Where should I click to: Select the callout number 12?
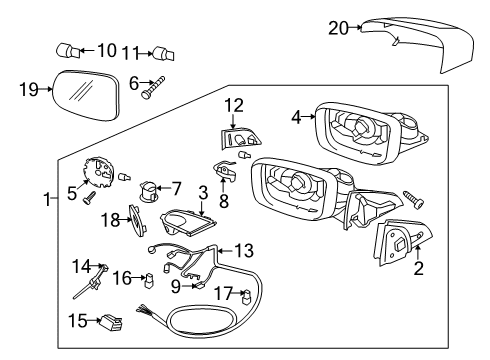234,104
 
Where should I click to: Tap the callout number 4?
295,116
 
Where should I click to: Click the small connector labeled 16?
149,280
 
